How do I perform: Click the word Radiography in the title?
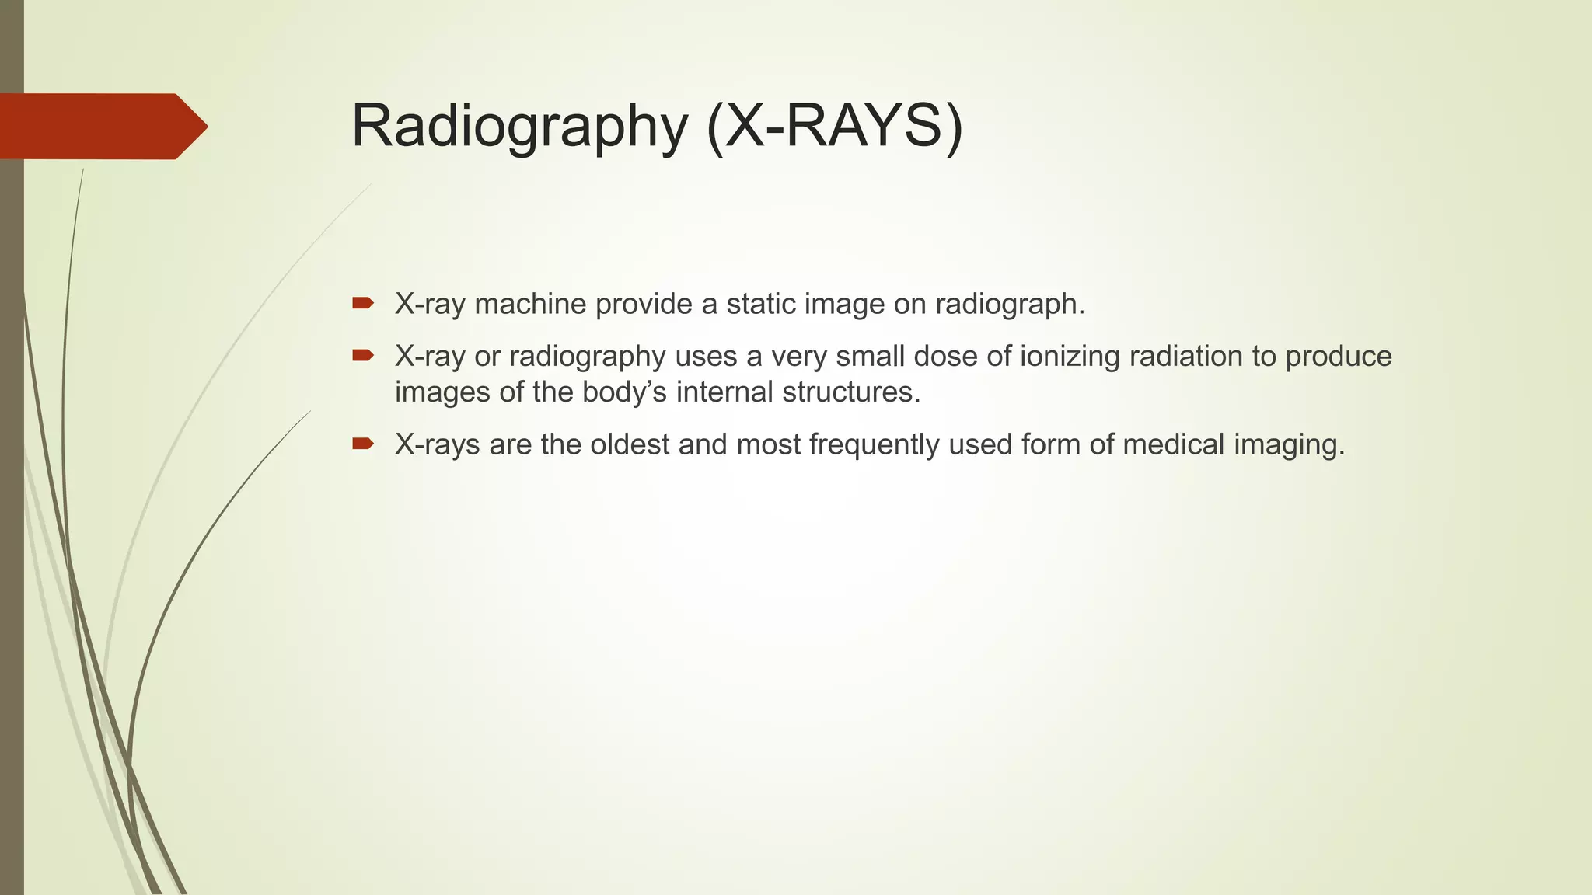click(519, 127)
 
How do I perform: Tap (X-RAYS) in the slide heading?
click(835, 127)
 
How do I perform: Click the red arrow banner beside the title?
click(101, 127)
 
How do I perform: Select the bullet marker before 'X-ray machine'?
click(362, 303)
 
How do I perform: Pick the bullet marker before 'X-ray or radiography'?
click(362, 356)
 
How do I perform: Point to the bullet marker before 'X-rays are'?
click(362, 444)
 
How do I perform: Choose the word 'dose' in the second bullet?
click(953, 357)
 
